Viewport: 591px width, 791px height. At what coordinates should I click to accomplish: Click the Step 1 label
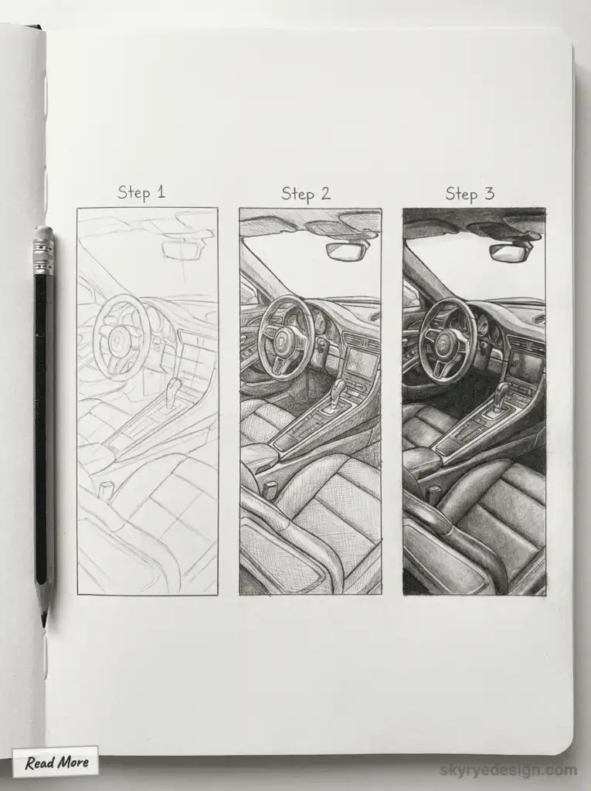[141, 192]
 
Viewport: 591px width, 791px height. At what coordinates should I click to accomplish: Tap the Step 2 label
[305, 193]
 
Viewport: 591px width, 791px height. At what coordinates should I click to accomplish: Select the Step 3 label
[470, 193]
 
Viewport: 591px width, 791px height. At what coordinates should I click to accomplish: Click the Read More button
[56, 762]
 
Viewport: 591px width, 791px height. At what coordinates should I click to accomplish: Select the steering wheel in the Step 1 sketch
[121, 337]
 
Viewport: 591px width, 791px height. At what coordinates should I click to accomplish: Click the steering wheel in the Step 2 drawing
[285, 338]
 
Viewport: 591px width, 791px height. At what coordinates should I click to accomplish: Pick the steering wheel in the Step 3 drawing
[447, 340]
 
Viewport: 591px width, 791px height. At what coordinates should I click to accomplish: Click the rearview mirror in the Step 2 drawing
[345, 251]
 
